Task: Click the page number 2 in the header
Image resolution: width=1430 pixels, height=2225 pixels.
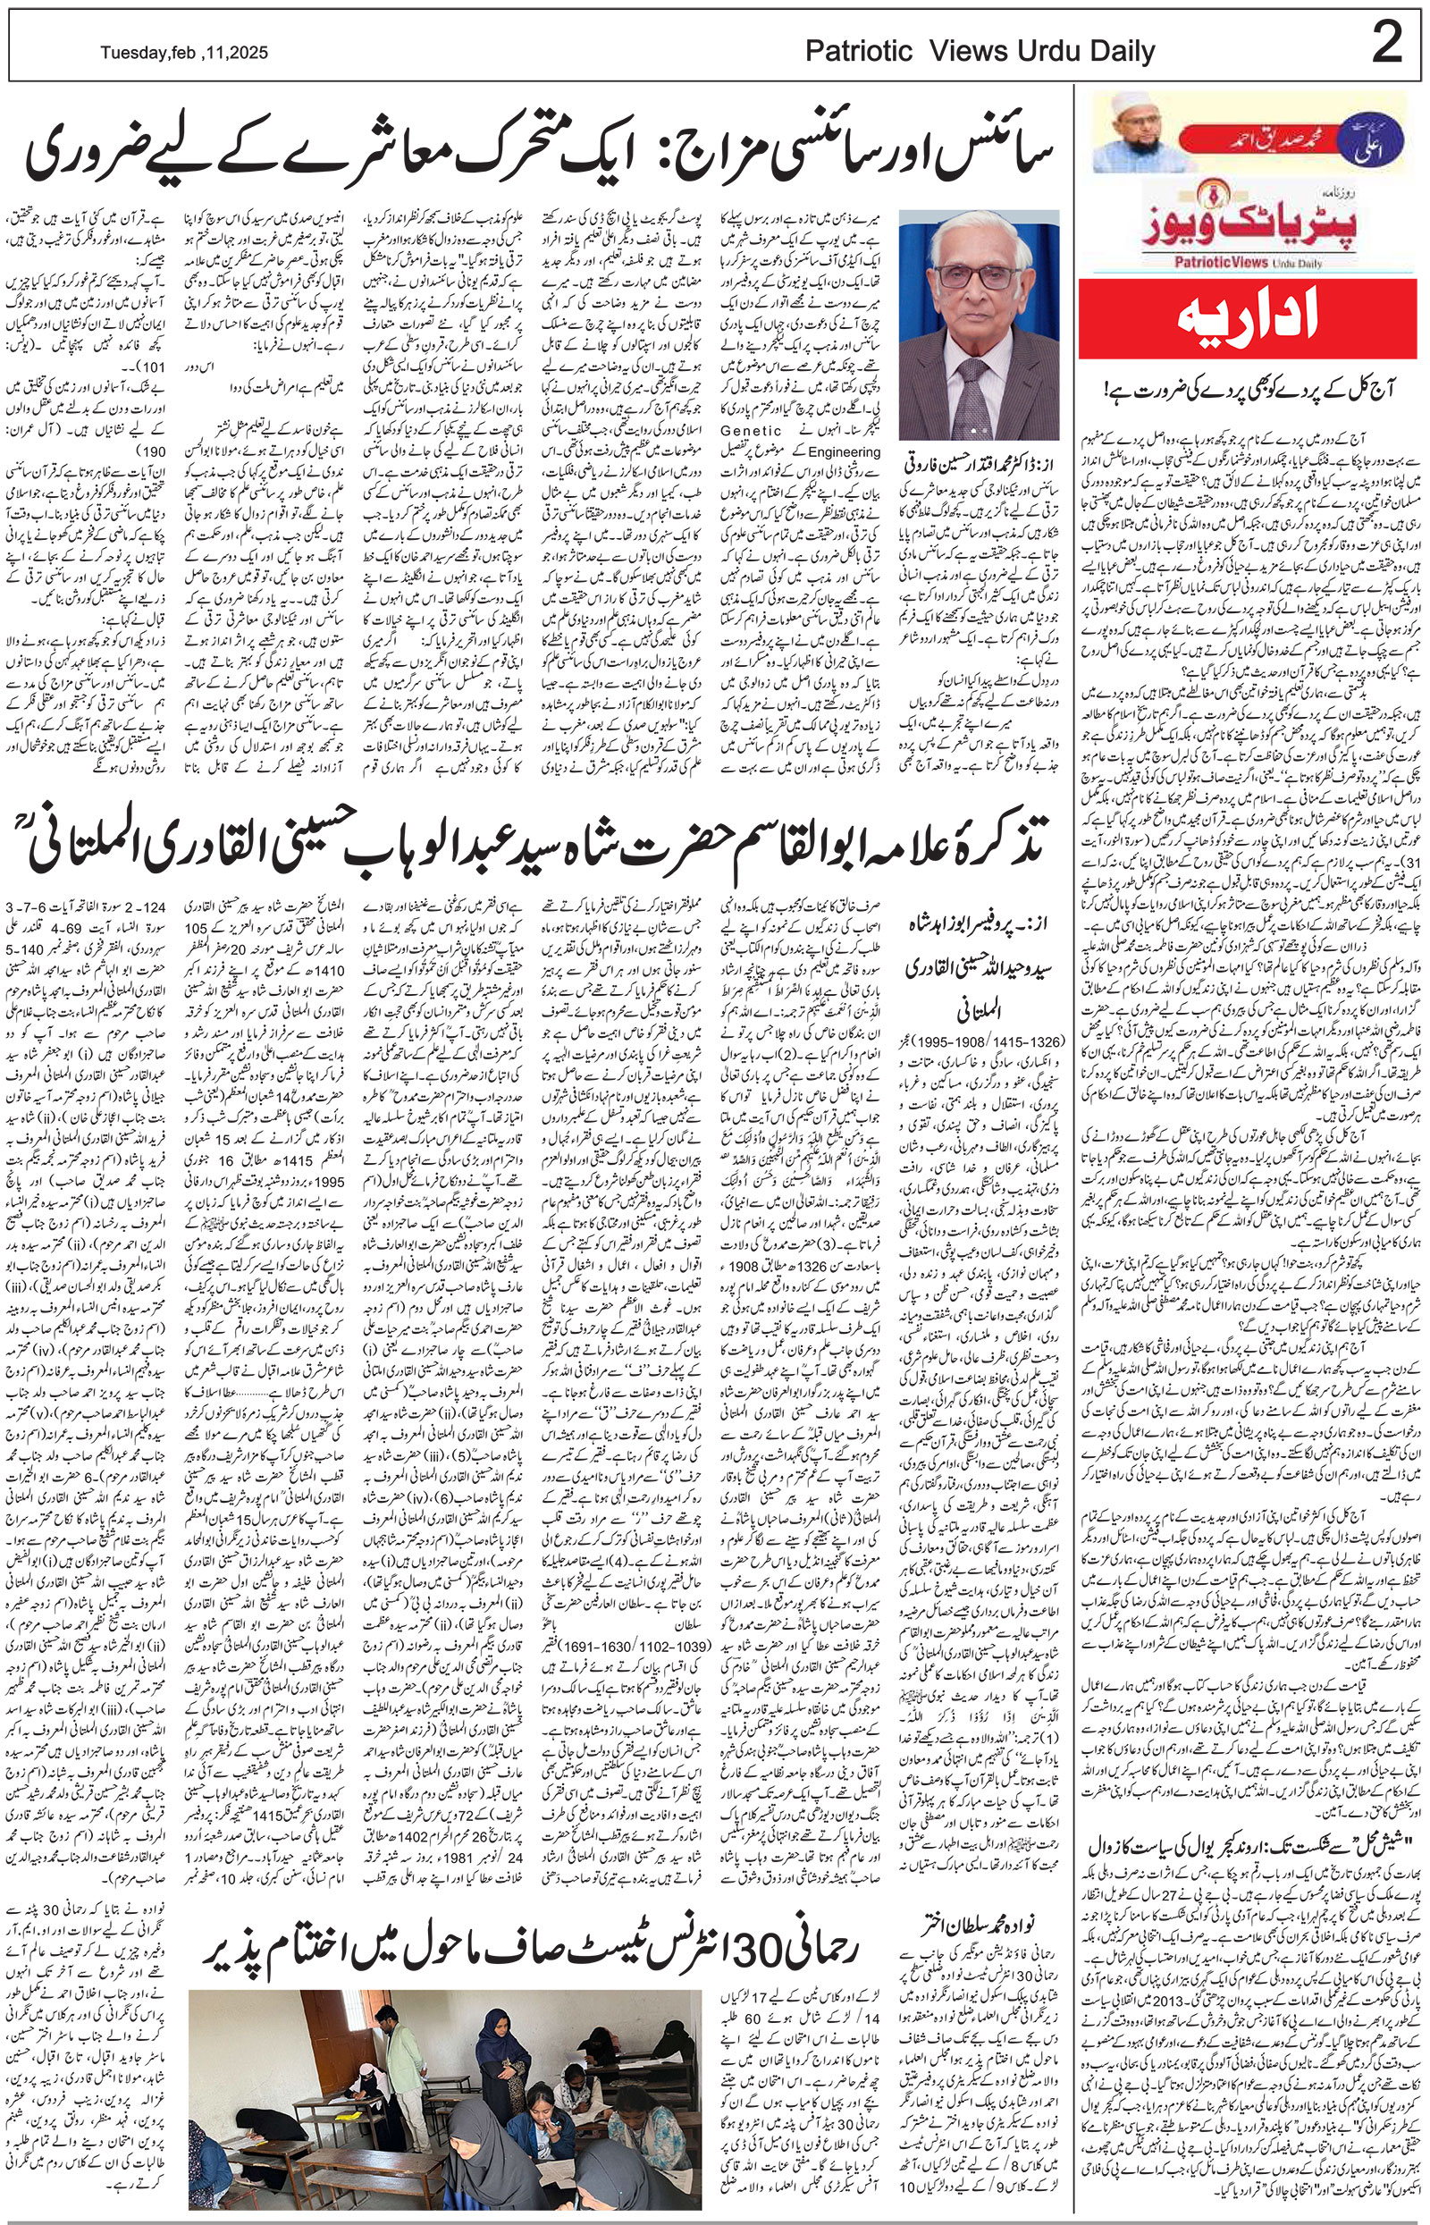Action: point(1386,44)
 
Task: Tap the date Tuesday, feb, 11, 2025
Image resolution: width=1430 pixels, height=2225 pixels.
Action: point(185,54)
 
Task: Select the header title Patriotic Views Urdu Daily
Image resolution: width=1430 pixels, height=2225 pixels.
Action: point(980,52)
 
